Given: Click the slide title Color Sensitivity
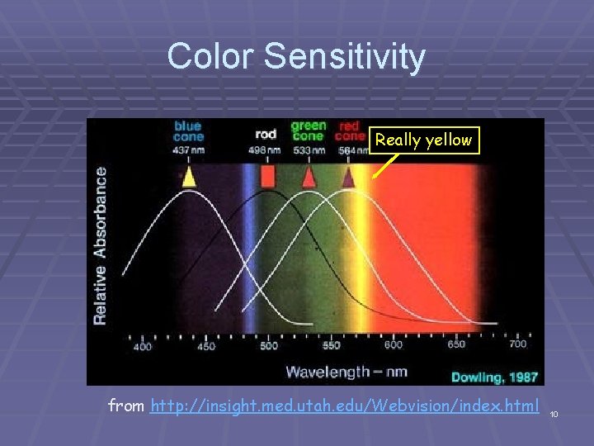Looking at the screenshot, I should pos(296,56).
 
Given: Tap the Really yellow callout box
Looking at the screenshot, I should pos(424,140).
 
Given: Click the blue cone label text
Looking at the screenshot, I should pos(188,131).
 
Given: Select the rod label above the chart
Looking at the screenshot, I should pos(266,135).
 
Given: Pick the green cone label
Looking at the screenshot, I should pos(308,131).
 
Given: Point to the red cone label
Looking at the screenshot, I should pos(351,131).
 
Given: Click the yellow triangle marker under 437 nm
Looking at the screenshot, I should pos(189,177).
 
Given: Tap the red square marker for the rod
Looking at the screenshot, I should pos(267,177).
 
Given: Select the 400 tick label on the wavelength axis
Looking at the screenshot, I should pos(143,346).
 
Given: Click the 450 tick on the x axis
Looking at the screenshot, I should pos(205,346).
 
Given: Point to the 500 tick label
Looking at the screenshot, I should pos(268,346).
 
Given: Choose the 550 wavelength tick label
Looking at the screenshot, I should pos(331,346).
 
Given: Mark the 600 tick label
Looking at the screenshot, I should pos(394,345).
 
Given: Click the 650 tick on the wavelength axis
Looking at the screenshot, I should pos(455,345).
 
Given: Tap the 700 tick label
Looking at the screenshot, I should pos(518,344).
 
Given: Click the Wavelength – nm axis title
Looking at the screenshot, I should pos(346,371).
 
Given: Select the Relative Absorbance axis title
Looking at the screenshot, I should pos(100,245).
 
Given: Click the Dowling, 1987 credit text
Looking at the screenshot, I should pos(494,377).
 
